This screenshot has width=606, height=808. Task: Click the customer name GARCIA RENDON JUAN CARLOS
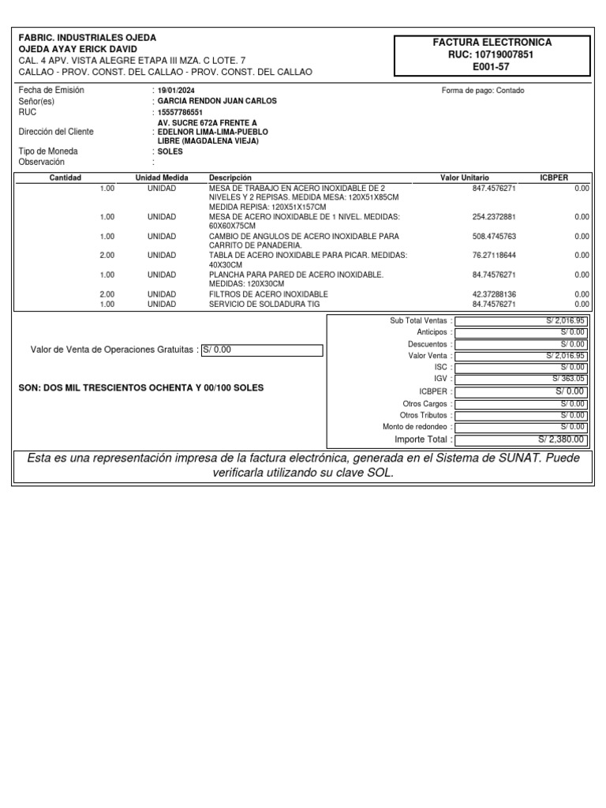pyautogui.click(x=217, y=101)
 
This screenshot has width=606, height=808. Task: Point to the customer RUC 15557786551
pyautogui.click(x=181, y=112)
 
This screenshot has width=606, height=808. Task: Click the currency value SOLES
pyautogui.click(x=170, y=151)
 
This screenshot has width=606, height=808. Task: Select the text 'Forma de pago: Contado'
pyautogui.click(x=483, y=91)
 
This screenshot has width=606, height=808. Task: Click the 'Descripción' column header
pyautogui.click(x=230, y=178)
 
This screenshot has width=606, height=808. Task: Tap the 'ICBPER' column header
pyautogui.click(x=553, y=178)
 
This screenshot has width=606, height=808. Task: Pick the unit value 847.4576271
pyautogui.click(x=494, y=189)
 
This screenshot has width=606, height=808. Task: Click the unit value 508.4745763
pyautogui.click(x=494, y=236)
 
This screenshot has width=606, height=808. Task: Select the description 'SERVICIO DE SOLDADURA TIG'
pyautogui.click(x=256, y=304)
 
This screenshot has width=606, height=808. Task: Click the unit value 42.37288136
pyautogui.click(x=494, y=294)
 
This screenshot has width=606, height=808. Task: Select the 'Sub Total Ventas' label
pyautogui.click(x=418, y=321)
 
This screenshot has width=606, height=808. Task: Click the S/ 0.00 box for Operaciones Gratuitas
pyautogui.click(x=262, y=350)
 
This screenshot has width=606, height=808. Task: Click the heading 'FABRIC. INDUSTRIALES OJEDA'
pyautogui.click(x=88, y=38)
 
